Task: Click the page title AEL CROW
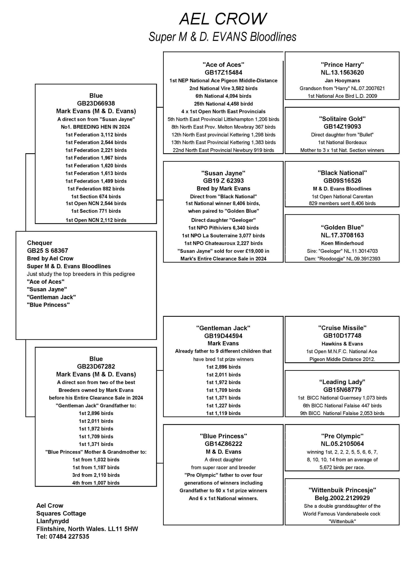coord(223,19)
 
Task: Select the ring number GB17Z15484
coord(223,73)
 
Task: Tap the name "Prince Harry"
coord(342,64)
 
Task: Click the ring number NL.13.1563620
coord(342,73)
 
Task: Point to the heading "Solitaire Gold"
coord(342,119)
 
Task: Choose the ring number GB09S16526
coord(342,181)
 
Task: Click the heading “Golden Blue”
coord(342,227)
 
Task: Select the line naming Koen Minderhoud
coord(342,243)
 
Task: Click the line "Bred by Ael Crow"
coord(50,258)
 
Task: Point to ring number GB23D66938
coord(96,103)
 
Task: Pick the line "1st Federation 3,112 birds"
coord(96,135)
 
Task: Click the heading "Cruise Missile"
coord(342,328)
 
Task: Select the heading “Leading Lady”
coord(342,382)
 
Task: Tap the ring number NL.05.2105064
coord(342,444)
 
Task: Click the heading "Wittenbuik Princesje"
coord(342,490)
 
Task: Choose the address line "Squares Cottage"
coord(61,513)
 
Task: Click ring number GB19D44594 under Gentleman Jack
coord(223,336)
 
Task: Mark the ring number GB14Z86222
coord(223,444)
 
